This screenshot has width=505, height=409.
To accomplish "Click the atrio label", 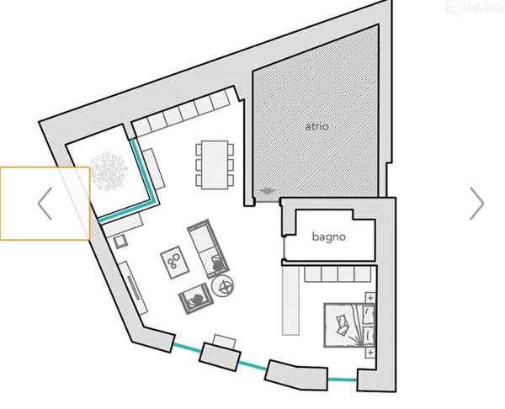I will [316, 127].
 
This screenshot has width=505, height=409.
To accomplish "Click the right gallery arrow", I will [476, 203].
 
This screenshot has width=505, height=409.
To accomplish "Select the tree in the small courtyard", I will [109, 171].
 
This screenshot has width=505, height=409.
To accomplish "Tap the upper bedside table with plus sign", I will [370, 296].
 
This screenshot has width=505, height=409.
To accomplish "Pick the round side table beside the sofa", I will [226, 287].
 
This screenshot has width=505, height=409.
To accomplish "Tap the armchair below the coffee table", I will [195, 296].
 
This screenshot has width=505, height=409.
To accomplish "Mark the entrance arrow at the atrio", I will [267, 192].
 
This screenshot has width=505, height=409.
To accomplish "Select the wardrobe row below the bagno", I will [337, 274].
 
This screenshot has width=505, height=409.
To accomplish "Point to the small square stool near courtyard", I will [120, 242].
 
